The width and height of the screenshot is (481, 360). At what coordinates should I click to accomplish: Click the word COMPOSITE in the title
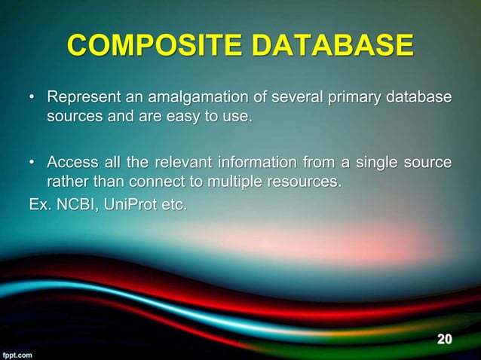click(152, 47)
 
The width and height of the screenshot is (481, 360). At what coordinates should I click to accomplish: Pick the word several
click(293, 99)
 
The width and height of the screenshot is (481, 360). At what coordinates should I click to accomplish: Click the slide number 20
click(445, 339)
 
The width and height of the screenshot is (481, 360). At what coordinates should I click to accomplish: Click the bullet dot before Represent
click(31, 99)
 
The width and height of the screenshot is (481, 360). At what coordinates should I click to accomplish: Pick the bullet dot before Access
click(31, 163)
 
